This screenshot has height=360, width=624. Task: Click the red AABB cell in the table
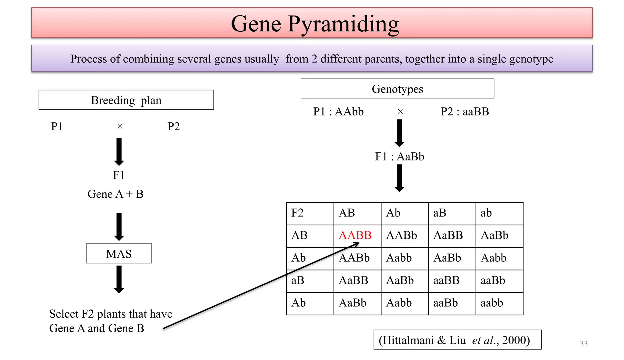(x=355, y=235)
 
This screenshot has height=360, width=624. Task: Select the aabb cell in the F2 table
(x=492, y=303)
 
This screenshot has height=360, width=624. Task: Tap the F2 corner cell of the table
(x=297, y=213)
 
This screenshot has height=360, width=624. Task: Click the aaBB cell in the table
(x=446, y=281)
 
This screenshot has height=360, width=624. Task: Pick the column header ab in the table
(x=486, y=213)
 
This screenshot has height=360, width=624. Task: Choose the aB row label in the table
(x=298, y=281)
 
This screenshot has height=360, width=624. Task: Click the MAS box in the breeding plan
(x=119, y=253)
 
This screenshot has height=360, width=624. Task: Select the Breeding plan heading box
(x=126, y=100)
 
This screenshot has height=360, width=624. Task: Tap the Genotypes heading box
(x=397, y=89)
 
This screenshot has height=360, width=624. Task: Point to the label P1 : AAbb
(x=338, y=112)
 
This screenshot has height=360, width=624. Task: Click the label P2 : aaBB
(x=465, y=112)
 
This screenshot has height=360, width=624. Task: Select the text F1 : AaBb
(x=399, y=157)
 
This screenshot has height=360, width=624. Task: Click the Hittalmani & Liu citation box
(x=457, y=340)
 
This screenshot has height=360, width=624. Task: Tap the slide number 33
(x=584, y=344)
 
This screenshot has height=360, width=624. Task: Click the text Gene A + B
(x=115, y=194)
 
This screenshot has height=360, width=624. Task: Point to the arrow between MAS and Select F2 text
(x=119, y=279)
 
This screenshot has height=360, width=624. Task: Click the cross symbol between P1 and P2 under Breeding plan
(x=120, y=126)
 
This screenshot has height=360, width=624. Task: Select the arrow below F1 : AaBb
(x=399, y=178)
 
